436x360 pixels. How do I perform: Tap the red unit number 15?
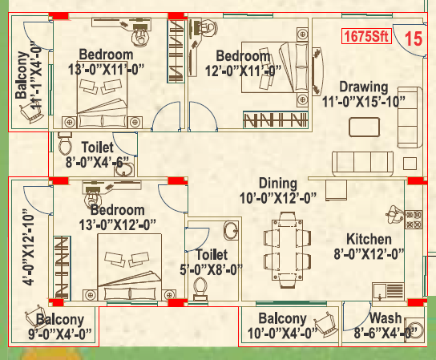[413, 37]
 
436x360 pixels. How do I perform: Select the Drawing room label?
[363, 87]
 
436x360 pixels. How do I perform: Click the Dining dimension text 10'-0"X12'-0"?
[277, 197]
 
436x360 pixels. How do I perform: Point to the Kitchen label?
[369, 240]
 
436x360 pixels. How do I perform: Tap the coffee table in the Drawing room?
[365, 127]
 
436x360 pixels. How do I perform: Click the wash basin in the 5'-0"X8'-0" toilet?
[230, 231]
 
